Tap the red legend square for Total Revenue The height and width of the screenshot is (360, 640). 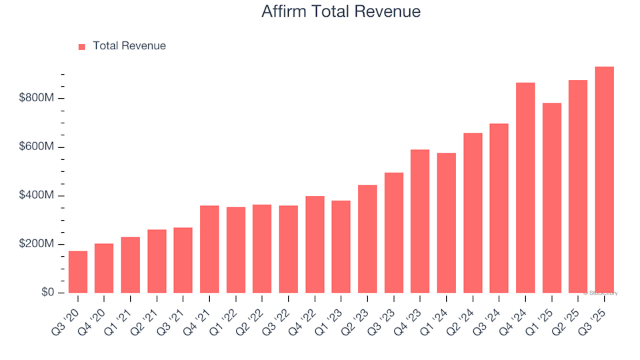pos(82,47)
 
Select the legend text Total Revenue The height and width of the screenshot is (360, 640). pos(129,46)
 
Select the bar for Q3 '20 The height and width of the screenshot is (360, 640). pos(78,272)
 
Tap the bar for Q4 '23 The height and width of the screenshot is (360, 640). pos(420,221)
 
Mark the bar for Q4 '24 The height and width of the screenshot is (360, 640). pos(525,188)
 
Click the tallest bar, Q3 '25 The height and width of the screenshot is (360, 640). pos(604,180)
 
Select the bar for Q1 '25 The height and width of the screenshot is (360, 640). pos(551,198)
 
